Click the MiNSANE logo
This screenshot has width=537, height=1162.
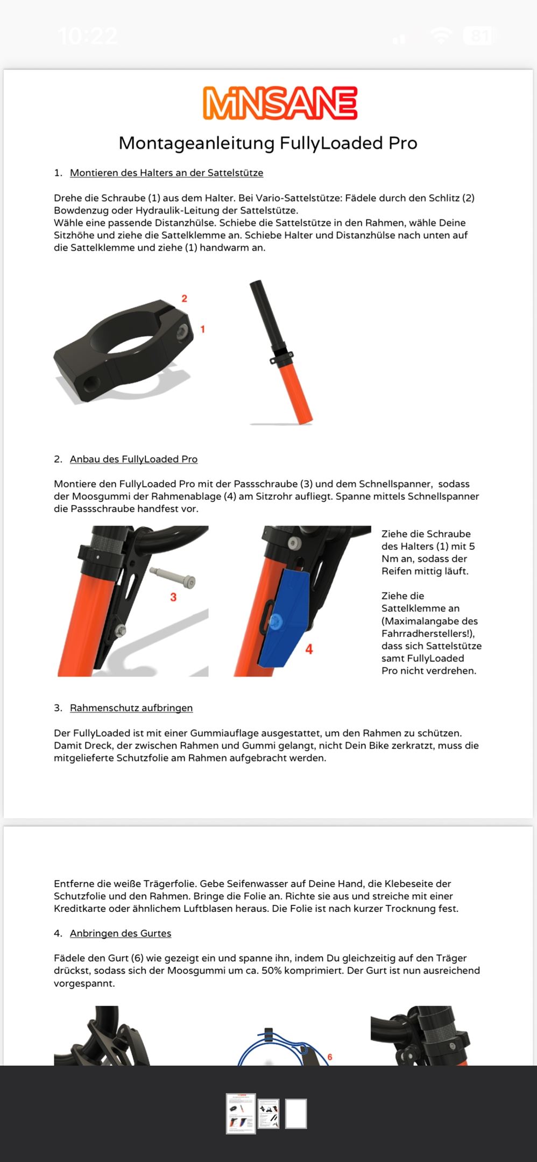pos(280,103)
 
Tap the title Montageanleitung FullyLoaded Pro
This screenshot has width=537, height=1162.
pos(268,143)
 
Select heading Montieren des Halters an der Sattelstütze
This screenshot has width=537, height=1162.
pos(166,173)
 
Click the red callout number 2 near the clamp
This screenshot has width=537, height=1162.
pos(184,299)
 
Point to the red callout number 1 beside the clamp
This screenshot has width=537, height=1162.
pos(202,329)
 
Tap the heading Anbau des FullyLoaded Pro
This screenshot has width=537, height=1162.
pos(133,459)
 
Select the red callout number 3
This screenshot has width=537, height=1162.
pos(173,597)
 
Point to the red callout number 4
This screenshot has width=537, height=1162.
pos(309,649)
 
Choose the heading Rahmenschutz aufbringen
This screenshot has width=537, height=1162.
pos(131,708)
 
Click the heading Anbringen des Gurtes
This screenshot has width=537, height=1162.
pos(121,933)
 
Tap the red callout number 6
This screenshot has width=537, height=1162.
pos(330,1057)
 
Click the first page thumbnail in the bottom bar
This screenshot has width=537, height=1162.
pos(241,1113)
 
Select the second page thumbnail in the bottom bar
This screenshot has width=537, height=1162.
pos(268,1113)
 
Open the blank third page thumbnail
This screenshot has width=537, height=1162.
pos(296,1113)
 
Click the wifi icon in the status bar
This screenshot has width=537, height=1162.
pos(441,36)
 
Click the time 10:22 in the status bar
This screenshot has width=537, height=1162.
pos(88,36)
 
